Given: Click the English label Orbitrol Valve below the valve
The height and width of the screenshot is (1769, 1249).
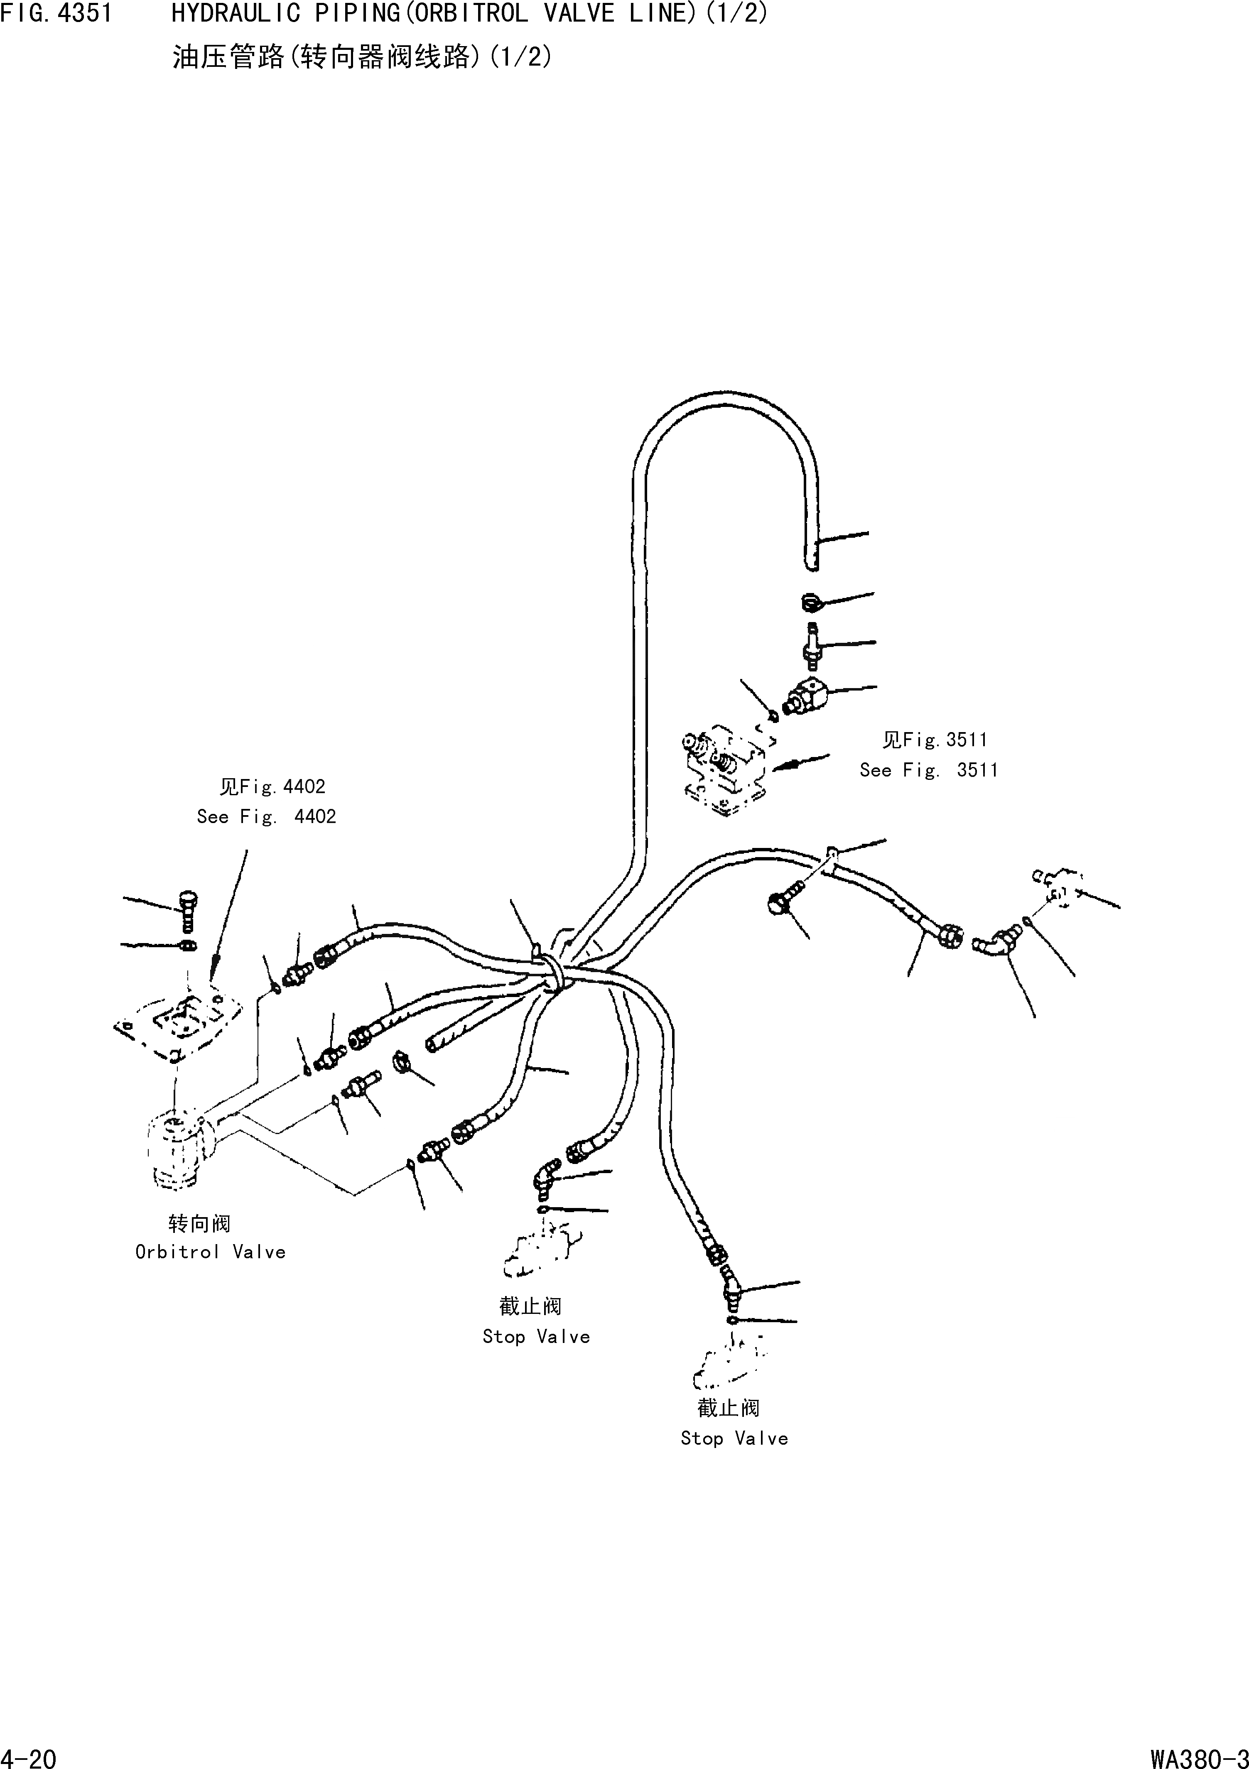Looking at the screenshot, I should coord(210,1252).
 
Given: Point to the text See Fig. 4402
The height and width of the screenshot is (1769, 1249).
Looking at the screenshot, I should coord(267,817).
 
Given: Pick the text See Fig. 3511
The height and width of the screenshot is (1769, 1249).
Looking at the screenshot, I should coord(928,770).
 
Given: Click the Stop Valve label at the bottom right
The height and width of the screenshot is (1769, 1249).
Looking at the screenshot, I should coord(734,1438).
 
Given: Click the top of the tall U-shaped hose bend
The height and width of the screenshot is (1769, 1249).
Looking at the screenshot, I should coord(724,401).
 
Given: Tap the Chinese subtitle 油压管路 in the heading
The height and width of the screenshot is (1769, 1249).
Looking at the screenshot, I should coord(228,57).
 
